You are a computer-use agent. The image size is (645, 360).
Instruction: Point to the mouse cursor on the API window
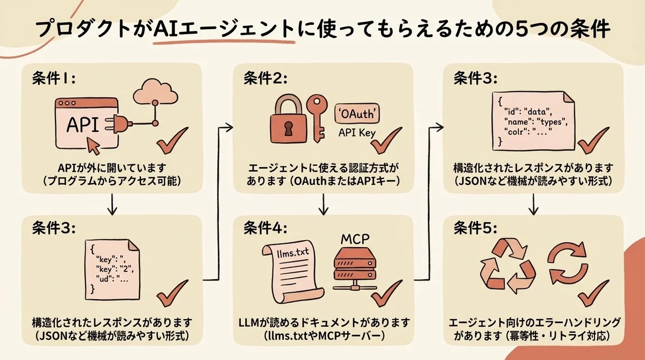coord(93,143)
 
